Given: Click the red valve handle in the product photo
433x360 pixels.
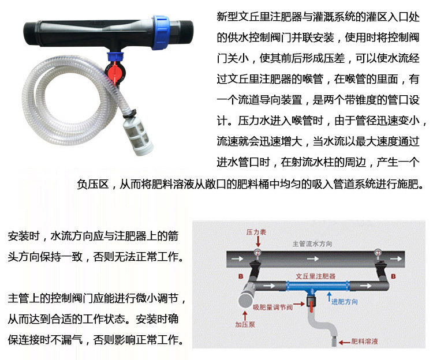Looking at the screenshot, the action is click(x=113, y=72).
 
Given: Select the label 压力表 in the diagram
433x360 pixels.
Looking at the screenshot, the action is click(x=256, y=232).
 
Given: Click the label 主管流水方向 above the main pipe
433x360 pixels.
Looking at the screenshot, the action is click(x=312, y=243).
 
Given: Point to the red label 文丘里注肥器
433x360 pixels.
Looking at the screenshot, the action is click(x=316, y=276).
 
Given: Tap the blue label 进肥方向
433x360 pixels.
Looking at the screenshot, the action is click(x=345, y=302).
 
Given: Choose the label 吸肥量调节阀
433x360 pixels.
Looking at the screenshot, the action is click(x=273, y=307).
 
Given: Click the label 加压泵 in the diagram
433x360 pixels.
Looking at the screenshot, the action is click(x=245, y=324).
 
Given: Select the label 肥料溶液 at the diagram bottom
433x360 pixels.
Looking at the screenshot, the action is click(x=364, y=342).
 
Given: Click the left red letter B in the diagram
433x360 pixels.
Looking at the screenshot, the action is click(x=241, y=276).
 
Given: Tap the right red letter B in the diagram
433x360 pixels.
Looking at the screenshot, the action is click(x=393, y=276).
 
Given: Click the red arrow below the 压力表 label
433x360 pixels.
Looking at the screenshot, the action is click(x=258, y=241).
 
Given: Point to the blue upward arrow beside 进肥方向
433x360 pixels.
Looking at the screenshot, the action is click(x=329, y=297).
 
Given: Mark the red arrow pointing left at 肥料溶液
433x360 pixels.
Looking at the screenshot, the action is click(x=344, y=343).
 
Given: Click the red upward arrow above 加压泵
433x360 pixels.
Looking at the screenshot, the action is click(x=245, y=316).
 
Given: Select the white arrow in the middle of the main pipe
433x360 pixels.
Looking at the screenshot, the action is click(x=313, y=259).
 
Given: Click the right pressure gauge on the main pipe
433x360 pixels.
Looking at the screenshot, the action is click(x=378, y=253).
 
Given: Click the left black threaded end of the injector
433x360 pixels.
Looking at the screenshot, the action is click(x=29, y=33).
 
